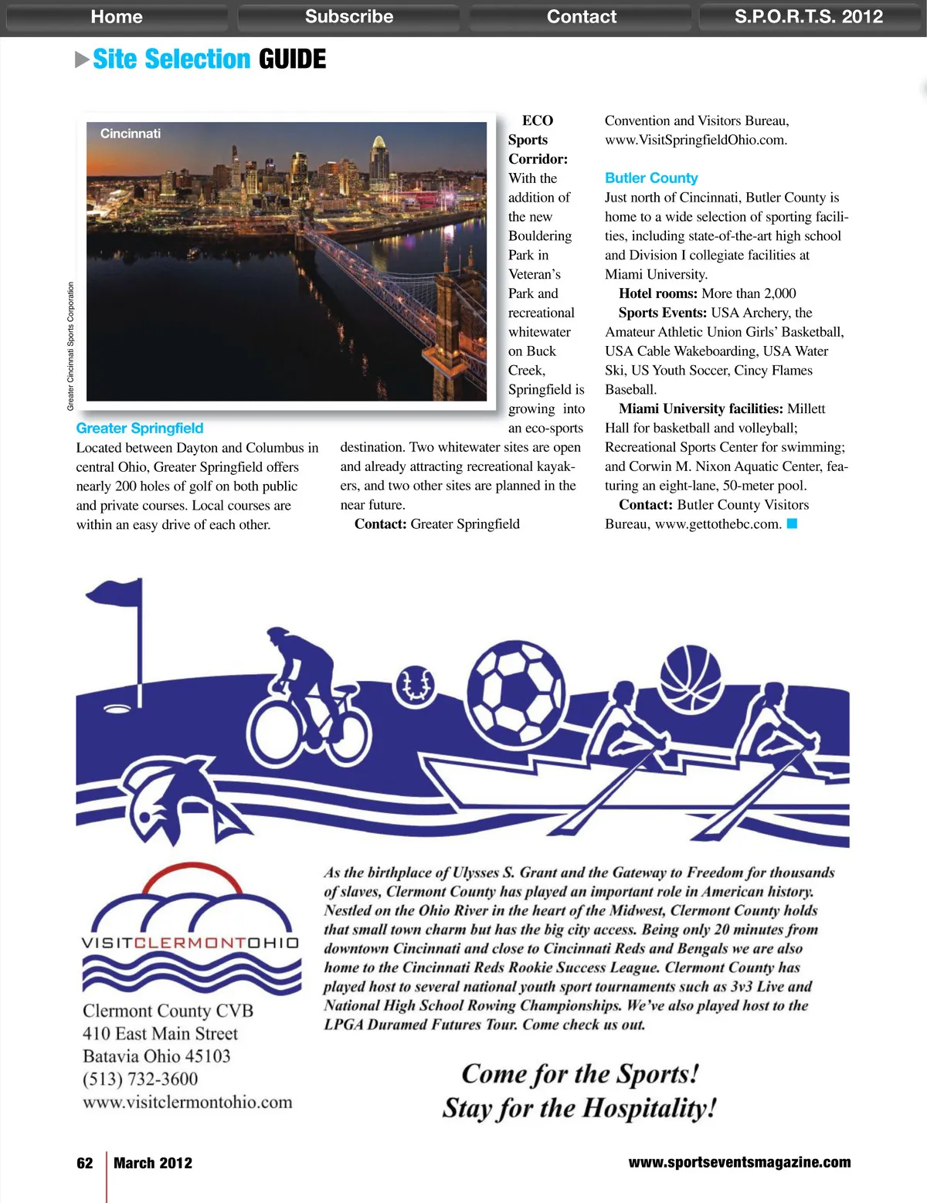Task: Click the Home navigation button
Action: (117, 17)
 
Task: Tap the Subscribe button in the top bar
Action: (348, 17)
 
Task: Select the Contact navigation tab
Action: (581, 17)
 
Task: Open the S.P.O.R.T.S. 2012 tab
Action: (808, 17)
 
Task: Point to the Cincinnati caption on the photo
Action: (131, 134)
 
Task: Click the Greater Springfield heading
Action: (140, 429)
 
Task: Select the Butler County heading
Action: (651, 178)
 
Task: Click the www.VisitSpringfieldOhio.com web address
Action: (695, 140)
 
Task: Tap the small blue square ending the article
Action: (792, 524)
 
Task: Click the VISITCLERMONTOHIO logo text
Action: (190, 943)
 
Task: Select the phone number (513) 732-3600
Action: (141, 1079)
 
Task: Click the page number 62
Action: (85, 1163)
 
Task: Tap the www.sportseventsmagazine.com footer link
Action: (739, 1162)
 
